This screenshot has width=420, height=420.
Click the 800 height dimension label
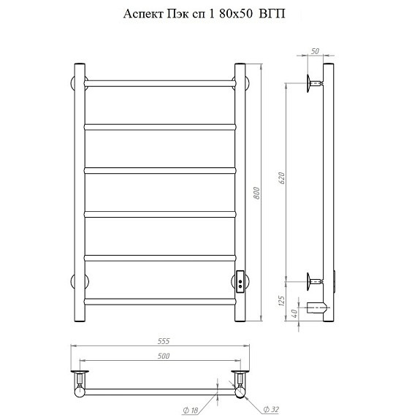[x=256, y=193]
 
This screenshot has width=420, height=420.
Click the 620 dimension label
[x=282, y=178]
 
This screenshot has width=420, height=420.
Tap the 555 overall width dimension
[x=164, y=341]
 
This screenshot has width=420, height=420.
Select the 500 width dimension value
[x=164, y=356]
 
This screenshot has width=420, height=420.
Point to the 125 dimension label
[x=281, y=302]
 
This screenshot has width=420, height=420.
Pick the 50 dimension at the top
[x=316, y=51]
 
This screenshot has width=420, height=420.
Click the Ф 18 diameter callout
[x=191, y=410]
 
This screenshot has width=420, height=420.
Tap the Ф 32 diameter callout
[x=271, y=409]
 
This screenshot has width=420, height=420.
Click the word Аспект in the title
[x=143, y=14]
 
